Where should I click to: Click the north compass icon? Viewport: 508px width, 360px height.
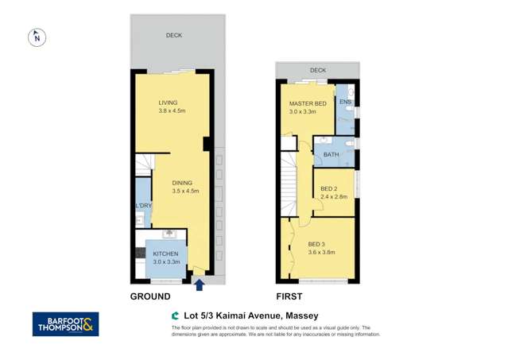pyautogui.click(x=37, y=37)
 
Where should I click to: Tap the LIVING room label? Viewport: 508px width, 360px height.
pyautogui.click(x=168, y=103)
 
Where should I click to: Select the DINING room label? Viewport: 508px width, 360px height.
pyautogui.click(x=184, y=182)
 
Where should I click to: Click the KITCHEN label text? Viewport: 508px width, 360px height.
pyautogui.click(x=165, y=254)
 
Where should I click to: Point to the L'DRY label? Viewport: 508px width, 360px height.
pyautogui.click(x=143, y=207)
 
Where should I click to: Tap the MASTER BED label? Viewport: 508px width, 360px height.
pyautogui.click(x=307, y=104)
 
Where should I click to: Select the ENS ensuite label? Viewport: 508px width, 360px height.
pyautogui.click(x=345, y=102)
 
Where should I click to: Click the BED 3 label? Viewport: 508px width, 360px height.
pyautogui.click(x=316, y=244)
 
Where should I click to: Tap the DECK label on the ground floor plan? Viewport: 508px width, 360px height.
pyautogui.click(x=173, y=35)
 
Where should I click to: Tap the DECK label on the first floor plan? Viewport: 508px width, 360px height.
pyautogui.click(x=318, y=70)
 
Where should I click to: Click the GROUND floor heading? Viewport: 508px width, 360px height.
pyautogui.click(x=150, y=296)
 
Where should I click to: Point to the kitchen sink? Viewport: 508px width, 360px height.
pyautogui.click(x=169, y=234)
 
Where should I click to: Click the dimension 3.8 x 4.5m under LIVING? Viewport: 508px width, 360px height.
pyautogui.click(x=171, y=111)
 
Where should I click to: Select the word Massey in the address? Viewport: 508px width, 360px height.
pyautogui.click(x=301, y=315)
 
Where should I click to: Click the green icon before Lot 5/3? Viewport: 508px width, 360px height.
pyautogui.click(x=175, y=315)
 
